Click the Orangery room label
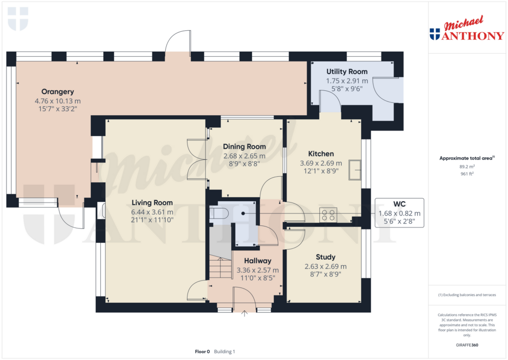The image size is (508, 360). (58, 91)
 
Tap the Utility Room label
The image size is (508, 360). (347, 72)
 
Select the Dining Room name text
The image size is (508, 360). (244, 146)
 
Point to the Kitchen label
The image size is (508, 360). (320, 154)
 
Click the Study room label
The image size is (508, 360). (325, 257)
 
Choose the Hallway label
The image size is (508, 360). (257, 261)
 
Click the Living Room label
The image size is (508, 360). (152, 203)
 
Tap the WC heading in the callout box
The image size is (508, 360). (399, 204)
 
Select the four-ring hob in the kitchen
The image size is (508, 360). (328, 214)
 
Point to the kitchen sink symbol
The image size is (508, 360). (355, 169)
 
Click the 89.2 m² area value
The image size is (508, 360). (467, 167)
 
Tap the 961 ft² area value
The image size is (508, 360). (467, 175)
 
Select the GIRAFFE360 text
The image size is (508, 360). (468, 345)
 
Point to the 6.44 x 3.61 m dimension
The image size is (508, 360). (152, 212)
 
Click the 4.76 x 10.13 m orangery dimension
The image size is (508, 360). (58, 101)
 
